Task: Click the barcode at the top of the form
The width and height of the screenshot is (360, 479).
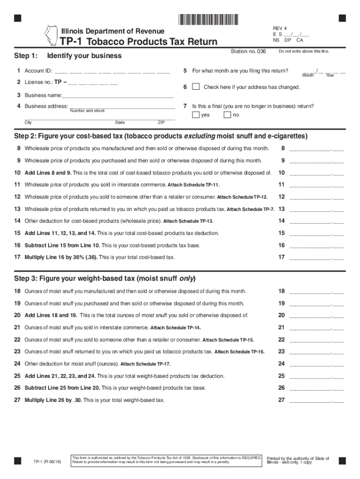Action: [x=208, y=19]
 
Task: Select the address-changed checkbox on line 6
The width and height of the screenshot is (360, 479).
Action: [x=196, y=87]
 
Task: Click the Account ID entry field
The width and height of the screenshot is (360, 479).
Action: [x=112, y=72]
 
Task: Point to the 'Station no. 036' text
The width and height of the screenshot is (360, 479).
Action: [x=248, y=51]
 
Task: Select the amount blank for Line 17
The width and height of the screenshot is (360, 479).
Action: [x=317, y=257]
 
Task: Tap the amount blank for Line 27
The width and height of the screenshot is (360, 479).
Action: [x=317, y=400]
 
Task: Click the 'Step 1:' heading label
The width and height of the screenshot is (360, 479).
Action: [x=26, y=56]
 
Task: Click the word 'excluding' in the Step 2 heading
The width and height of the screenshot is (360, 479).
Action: [x=199, y=136]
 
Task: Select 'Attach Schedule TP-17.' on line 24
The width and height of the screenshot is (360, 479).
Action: [x=145, y=364]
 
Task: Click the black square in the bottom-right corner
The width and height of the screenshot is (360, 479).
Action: [x=342, y=460]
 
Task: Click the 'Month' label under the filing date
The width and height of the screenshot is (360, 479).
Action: [x=308, y=75]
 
